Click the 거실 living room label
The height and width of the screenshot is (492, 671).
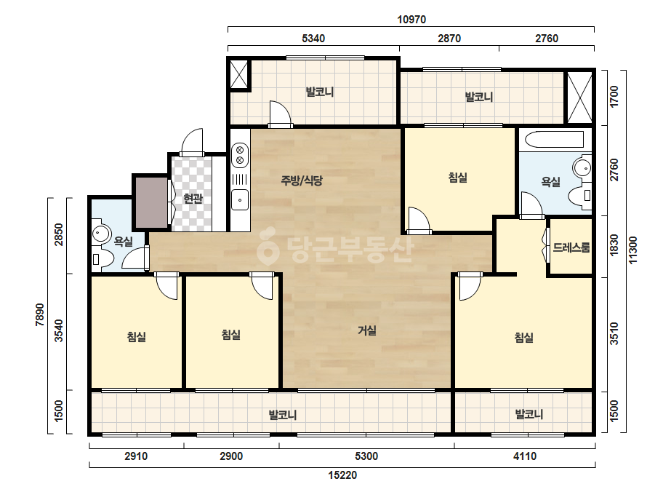click(x=366, y=330)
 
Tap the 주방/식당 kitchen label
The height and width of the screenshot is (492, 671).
click(x=301, y=180)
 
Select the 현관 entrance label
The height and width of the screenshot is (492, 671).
click(x=193, y=198)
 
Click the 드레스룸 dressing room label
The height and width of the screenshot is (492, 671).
click(x=571, y=247)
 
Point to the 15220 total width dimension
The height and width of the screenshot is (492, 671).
click(x=342, y=475)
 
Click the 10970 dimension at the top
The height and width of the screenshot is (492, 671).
click(x=411, y=19)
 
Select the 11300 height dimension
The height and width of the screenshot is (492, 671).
click(x=633, y=250)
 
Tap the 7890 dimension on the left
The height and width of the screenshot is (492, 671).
click(x=40, y=315)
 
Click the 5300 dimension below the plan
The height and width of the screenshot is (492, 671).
click(x=366, y=456)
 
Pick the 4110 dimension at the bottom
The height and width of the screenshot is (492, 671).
click(x=525, y=456)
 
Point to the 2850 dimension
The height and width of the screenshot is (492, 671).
click(x=59, y=234)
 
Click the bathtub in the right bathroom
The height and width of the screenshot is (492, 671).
click(x=554, y=140)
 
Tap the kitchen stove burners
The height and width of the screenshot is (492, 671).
click(x=240, y=155)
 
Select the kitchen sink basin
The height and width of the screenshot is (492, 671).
click(x=240, y=199)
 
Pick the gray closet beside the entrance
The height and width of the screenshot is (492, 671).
click(x=152, y=202)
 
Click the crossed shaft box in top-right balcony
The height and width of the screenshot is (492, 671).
click(x=579, y=98)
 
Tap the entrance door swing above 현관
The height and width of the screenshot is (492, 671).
click(x=192, y=140)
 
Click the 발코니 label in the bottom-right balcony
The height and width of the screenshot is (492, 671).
click(x=529, y=414)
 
